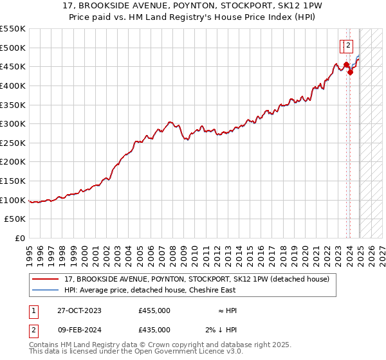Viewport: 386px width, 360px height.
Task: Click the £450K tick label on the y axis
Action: (x=13, y=66)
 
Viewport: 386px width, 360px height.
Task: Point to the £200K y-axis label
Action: (x=13, y=161)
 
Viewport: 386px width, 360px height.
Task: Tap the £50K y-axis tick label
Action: (x=15, y=219)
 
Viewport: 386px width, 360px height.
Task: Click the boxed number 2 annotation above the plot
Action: (x=347, y=45)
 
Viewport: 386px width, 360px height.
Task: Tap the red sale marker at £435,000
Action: (x=351, y=72)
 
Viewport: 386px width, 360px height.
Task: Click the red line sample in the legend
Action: (x=46, y=279)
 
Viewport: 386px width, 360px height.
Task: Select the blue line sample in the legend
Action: (x=46, y=290)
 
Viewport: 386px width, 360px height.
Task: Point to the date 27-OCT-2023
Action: (x=79, y=310)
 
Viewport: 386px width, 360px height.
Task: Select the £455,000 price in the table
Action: (x=154, y=310)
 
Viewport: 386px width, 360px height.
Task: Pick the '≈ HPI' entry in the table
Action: (x=226, y=310)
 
